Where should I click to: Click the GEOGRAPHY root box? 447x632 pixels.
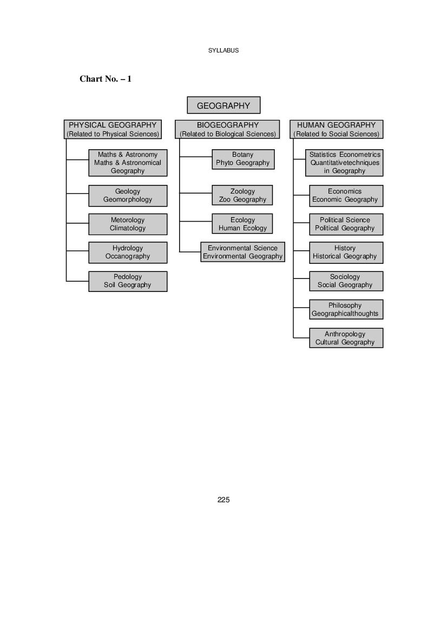click(223, 105)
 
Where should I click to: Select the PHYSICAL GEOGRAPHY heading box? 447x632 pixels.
click(113, 129)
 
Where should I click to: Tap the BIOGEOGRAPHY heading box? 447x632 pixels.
click(227, 129)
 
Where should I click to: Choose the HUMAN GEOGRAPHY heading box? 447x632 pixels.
click(336, 129)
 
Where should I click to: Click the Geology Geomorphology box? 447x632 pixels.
click(128, 196)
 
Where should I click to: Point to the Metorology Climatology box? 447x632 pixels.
click(128, 224)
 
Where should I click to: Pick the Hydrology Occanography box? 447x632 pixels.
click(128, 252)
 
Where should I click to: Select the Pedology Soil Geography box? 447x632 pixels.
click(128, 281)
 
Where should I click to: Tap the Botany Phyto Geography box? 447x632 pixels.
click(243, 159)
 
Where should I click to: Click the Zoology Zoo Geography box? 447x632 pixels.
click(242, 196)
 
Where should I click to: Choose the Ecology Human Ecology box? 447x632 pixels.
click(242, 224)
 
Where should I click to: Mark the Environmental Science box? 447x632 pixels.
click(242, 252)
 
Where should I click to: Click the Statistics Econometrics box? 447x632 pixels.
click(344, 163)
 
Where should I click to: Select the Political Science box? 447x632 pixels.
click(346, 224)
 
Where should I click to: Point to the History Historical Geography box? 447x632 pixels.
click(346, 252)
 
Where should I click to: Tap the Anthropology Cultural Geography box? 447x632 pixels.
click(346, 338)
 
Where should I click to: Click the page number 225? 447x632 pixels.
click(223, 500)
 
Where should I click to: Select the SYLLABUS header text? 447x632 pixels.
click(223, 50)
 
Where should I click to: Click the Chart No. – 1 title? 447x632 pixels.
click(106, 78)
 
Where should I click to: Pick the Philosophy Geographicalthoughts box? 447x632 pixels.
click(346, 309)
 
